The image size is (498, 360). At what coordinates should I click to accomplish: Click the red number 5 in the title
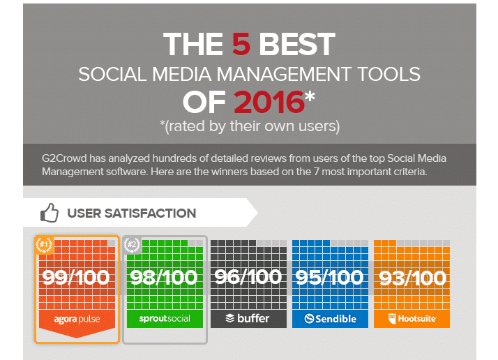241,44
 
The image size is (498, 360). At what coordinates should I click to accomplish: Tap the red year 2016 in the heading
269,102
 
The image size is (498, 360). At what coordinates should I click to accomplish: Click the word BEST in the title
297,44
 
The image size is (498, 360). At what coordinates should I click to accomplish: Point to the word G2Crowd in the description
64,158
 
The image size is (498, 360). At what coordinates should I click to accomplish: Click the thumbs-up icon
50,213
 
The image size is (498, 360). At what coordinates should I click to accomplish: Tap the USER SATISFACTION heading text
132,213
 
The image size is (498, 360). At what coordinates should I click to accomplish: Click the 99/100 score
76,278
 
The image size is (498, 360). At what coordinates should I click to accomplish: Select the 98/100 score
164,278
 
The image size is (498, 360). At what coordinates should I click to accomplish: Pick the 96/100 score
248,278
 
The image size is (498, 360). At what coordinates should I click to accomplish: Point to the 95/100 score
329,278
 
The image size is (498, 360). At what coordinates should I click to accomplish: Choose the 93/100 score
413,278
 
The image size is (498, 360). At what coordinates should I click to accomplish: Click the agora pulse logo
77,319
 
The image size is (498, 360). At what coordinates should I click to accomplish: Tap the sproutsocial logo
165,318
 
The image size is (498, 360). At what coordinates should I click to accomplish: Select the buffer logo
248,318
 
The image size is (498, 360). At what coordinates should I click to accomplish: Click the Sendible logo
331,318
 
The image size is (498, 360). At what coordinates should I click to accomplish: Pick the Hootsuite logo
412,318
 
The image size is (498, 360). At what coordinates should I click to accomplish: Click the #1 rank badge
44,246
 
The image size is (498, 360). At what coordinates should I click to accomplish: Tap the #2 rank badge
132,246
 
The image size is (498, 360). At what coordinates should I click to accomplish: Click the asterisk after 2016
310,96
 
